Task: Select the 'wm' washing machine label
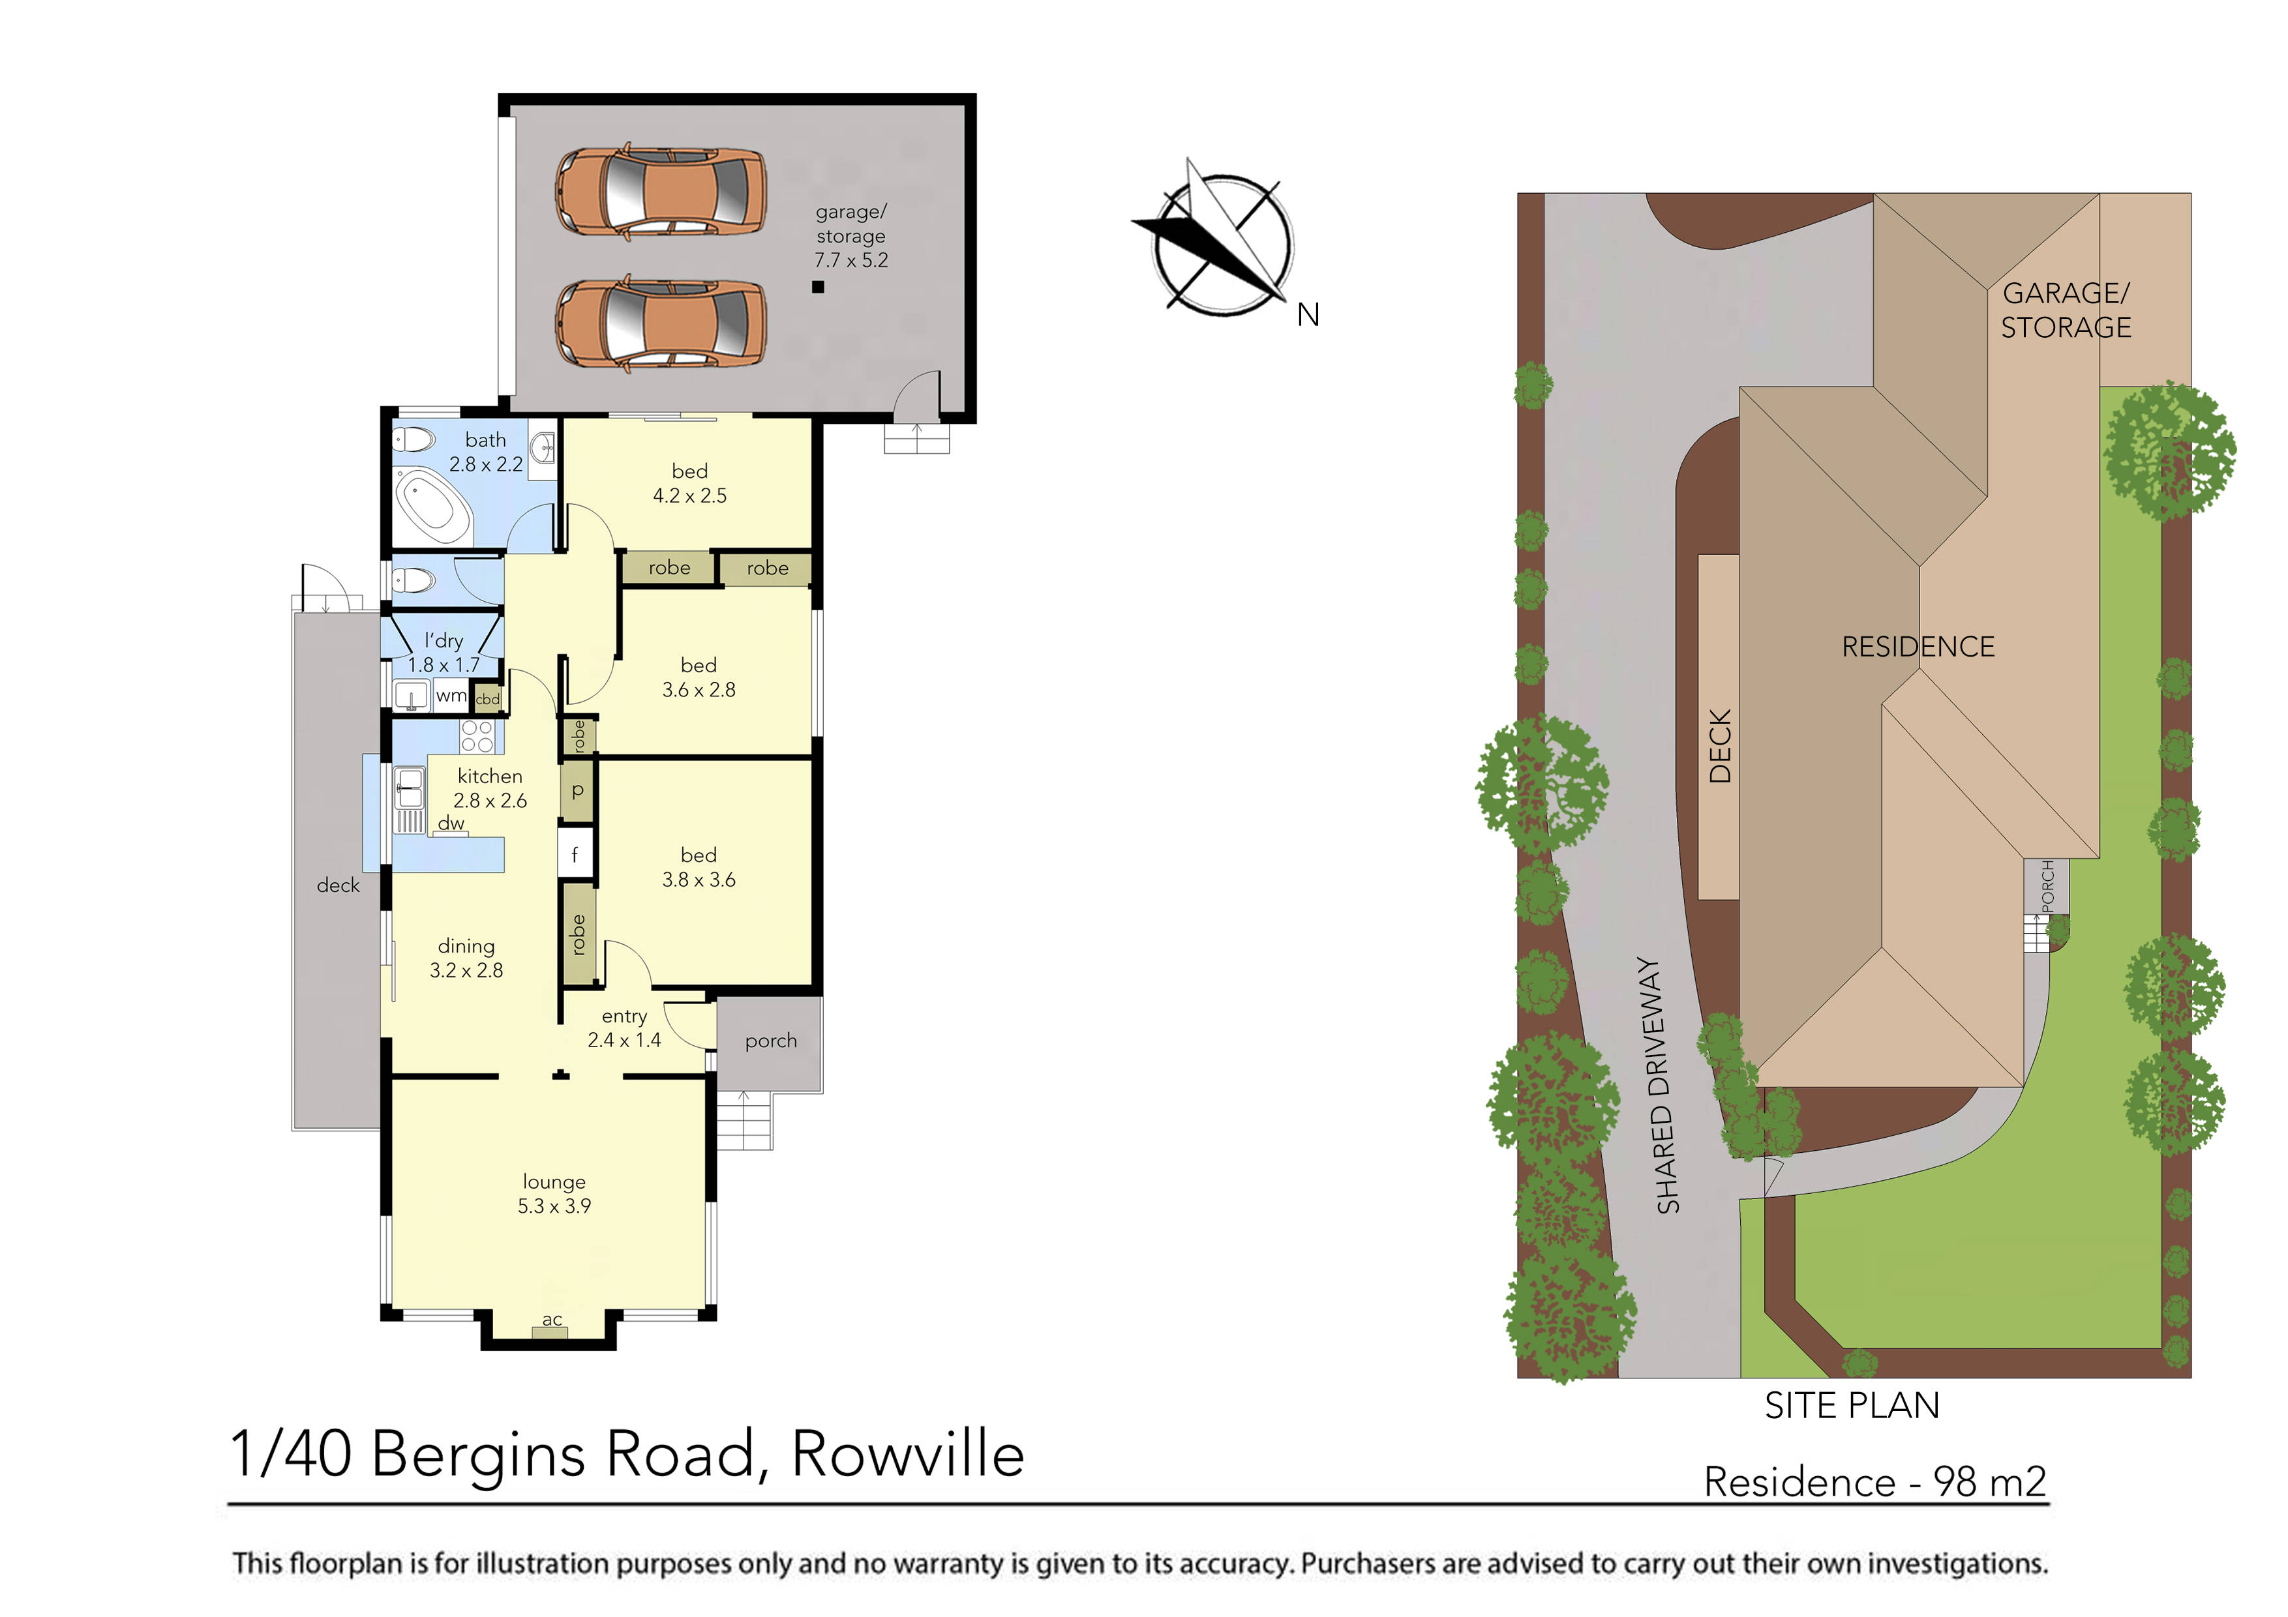pos(451,696)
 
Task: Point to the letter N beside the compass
pos(1308,316)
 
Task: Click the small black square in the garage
pos(818,287)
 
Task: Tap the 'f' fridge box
pos(575,854)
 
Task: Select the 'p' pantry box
pos(577,791)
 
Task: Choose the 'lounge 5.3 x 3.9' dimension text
pos(554,1194)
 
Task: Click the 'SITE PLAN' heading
pos(1852,1405)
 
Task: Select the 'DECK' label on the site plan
pos(1720,745)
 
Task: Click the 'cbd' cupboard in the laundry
pos(487,698)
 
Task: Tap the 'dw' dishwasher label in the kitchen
pos(451,823)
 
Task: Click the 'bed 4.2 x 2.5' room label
pos(689,483)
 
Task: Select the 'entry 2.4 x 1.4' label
pos(624,1028)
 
